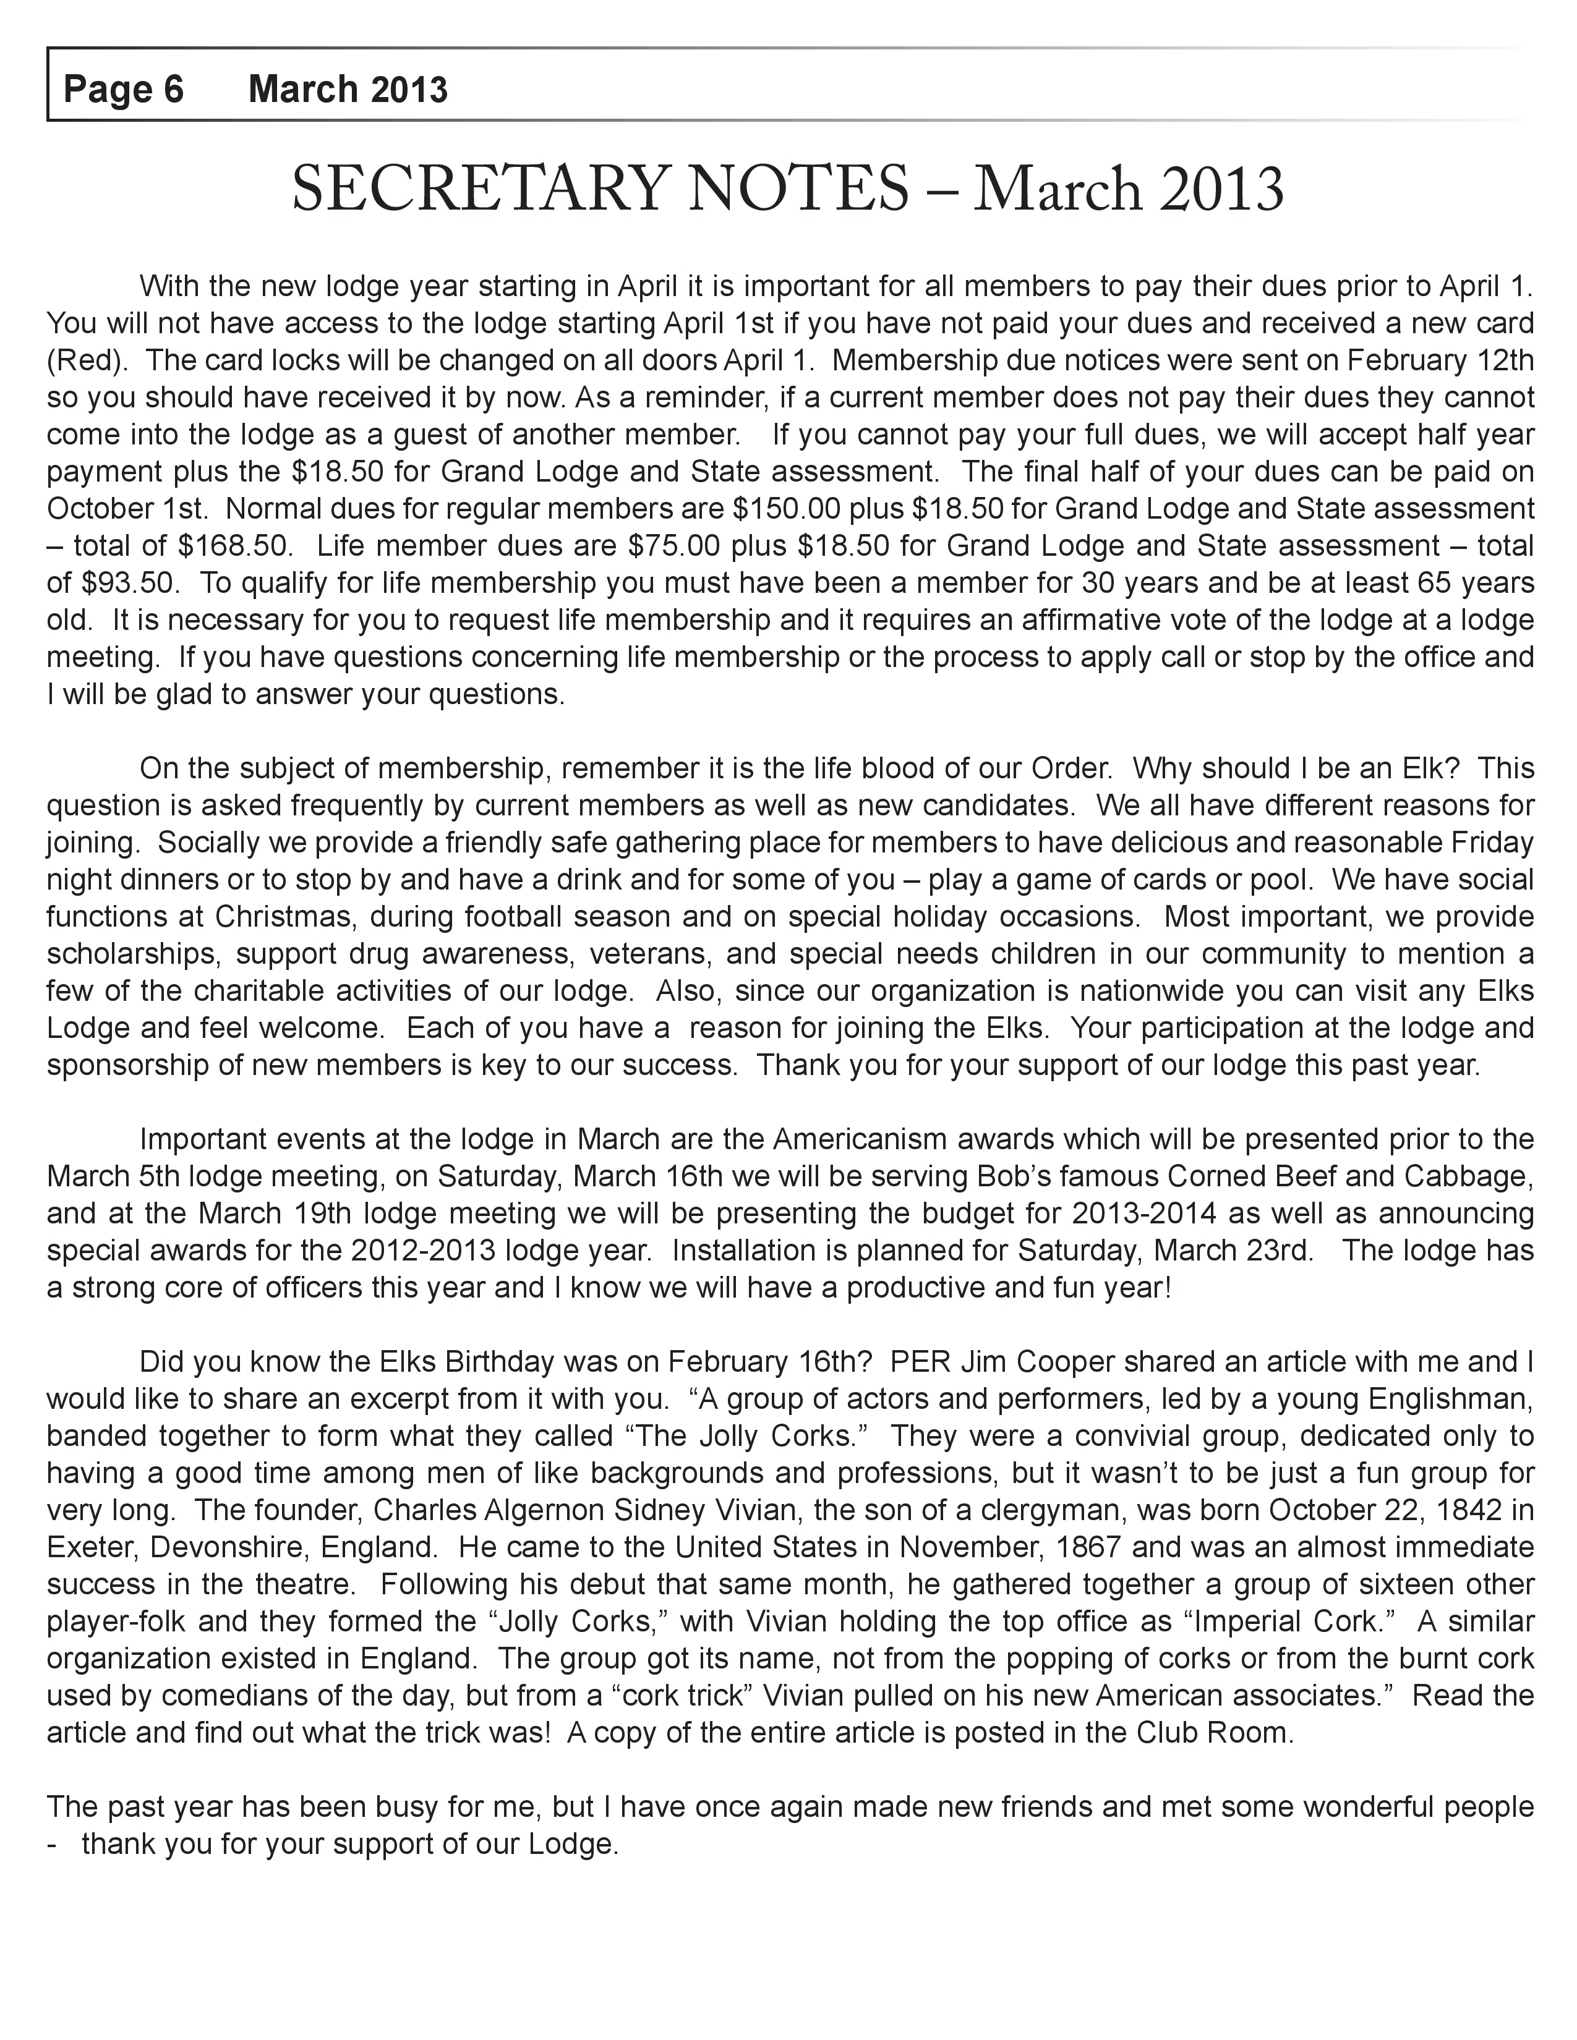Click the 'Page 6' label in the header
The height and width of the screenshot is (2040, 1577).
tap(123, 90)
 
